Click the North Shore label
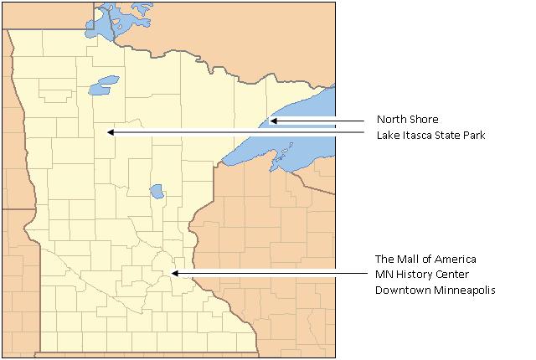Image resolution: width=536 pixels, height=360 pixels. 407,119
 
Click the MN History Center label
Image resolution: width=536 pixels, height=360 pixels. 421,275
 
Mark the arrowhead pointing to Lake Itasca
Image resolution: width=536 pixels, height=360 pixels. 110,132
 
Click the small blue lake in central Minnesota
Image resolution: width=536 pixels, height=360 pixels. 157,192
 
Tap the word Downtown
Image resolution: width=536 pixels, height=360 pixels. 400,291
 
